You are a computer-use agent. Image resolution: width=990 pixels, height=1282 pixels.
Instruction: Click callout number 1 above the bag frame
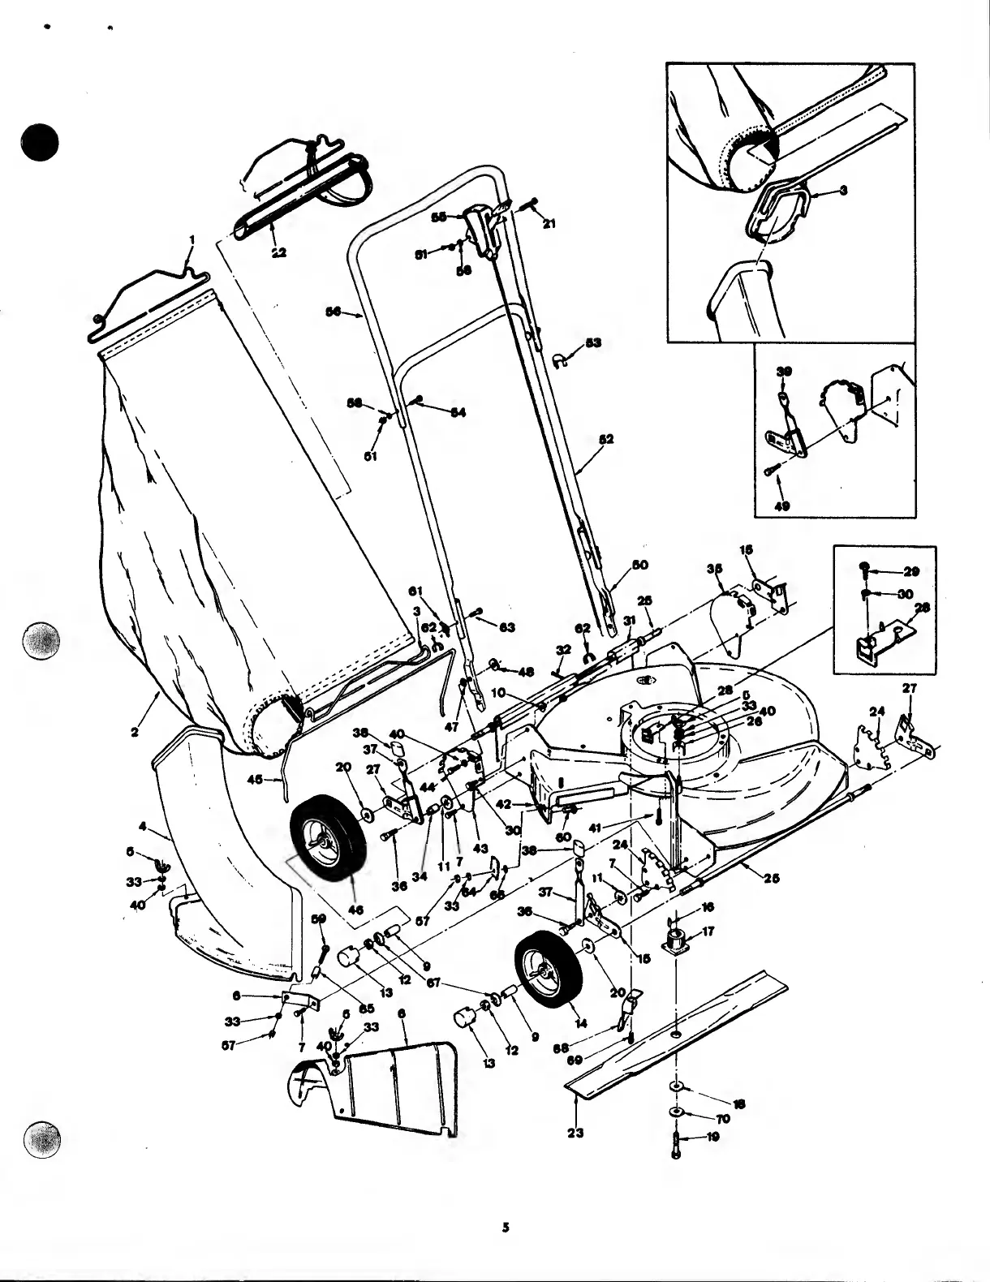(x=192, y=239)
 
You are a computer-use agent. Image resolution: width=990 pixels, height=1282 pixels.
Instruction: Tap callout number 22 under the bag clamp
(x=278, y=253)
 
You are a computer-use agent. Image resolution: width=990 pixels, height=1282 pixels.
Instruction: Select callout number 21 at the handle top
(x=549, y=223)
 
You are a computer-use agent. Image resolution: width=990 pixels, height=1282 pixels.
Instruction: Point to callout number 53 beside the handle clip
(x=593, y=342)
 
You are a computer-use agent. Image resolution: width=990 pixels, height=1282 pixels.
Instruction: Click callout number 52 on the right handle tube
(x=605, y=439)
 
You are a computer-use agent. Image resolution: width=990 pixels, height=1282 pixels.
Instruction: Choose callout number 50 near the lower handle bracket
(x=640, y=564)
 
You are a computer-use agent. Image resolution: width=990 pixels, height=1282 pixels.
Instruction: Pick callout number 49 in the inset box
(x=782, y=505)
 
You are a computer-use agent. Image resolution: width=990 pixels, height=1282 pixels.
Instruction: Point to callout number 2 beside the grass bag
(x=135, y=732)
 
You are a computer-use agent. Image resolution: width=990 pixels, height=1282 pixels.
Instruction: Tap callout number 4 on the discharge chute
(x=144, y=827)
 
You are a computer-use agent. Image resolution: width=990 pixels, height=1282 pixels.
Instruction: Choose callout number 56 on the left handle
(x=332, y=311)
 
